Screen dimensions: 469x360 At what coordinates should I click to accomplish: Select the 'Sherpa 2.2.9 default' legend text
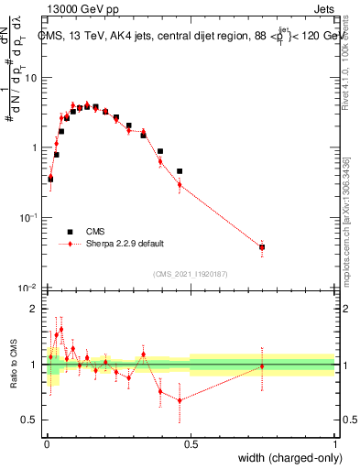(126, 244)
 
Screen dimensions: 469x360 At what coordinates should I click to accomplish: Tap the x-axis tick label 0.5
(191, 444)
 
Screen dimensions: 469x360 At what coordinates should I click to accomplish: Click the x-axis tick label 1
(334, 444)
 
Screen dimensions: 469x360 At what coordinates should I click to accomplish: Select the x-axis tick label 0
(47, 444)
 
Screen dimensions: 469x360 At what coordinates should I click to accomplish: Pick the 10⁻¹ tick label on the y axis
(29, 217)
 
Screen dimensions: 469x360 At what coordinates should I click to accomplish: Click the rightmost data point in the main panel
(262, 246)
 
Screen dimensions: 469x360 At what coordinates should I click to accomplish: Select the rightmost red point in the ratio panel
(262, 366)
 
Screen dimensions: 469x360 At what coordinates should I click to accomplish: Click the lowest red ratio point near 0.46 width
(180, 400)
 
